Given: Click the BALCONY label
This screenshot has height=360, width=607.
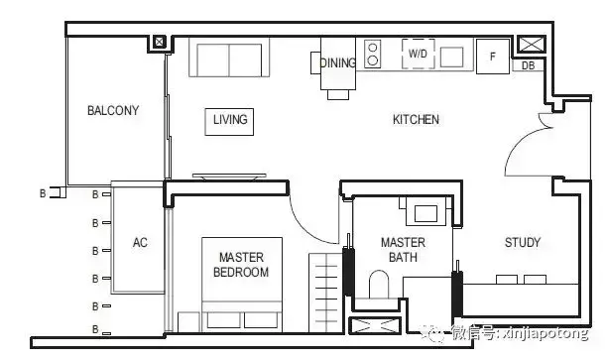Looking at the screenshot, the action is pos(113,110).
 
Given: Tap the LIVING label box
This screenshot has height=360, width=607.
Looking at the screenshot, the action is pos(229,122).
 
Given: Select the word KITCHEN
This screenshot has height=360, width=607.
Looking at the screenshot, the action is pos(416,119).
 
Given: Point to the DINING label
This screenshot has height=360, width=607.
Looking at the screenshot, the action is pos(338,62).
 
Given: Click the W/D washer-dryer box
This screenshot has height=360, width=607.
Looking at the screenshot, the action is pos(419,54).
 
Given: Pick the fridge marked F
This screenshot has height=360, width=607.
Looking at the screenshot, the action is pos(492,57).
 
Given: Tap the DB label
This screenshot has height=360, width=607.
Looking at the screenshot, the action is pos(528,65).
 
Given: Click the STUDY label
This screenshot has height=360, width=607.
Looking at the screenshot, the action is pos(523,242).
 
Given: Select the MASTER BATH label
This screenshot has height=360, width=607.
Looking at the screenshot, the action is pos(403,250).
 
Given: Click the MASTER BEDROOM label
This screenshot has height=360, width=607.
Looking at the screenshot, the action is pos(241,265).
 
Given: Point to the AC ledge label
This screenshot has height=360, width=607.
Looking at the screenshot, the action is pos(140,242).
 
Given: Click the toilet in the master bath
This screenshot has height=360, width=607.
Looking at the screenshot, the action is pos(379,284).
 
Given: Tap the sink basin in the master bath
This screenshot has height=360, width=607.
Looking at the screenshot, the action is pos(425,213).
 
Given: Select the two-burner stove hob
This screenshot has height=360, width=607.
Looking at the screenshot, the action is pos(372,55).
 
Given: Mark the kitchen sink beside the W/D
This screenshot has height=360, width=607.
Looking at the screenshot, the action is pos(451,58).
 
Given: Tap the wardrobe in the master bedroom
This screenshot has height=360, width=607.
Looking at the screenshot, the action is pos(326,293).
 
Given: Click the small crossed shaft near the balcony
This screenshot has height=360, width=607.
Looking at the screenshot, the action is pos(159,42).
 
